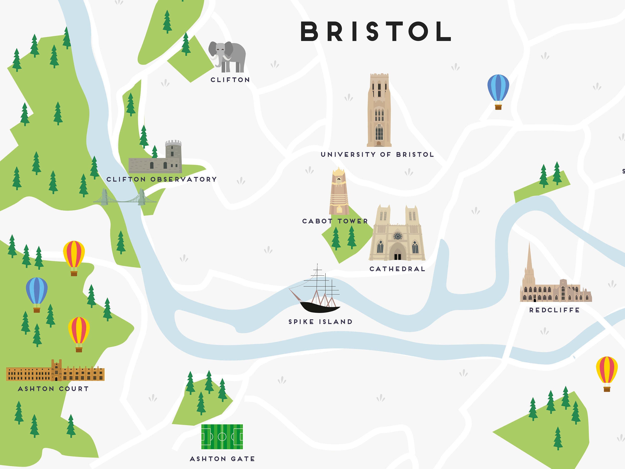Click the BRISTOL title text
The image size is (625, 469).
point(375,31)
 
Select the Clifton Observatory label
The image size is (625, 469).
point(162,179)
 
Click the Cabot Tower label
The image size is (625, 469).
point(335,221)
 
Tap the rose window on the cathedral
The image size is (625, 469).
point(398,235)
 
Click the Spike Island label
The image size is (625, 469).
point(320,322)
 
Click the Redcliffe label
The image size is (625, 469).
point(554,310)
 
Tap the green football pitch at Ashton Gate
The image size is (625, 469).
point(222,437)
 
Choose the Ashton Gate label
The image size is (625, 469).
point(222,459)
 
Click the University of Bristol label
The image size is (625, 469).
point(377,155)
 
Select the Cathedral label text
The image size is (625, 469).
point(397,269)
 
